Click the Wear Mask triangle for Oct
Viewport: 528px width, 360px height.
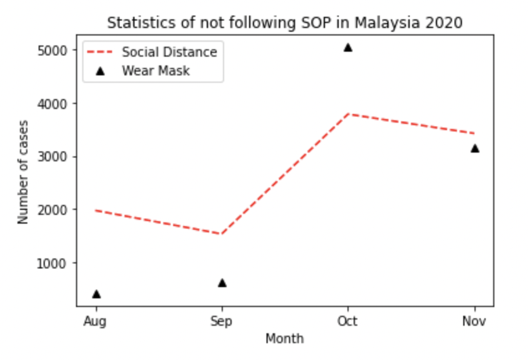348,47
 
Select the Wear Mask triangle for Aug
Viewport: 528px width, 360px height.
97,294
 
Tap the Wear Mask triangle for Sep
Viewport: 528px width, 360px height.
222,283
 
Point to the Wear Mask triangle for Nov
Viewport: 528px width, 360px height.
475,148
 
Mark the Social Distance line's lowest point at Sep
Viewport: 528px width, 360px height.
222,234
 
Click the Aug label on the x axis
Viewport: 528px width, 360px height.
95,321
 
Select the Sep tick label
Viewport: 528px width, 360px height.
222,321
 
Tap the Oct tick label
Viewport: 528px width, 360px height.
348,321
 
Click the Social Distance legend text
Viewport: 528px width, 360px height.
169,52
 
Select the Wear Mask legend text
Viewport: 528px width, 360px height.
156,70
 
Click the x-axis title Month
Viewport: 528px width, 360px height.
285,339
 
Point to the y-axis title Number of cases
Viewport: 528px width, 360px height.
24,172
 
